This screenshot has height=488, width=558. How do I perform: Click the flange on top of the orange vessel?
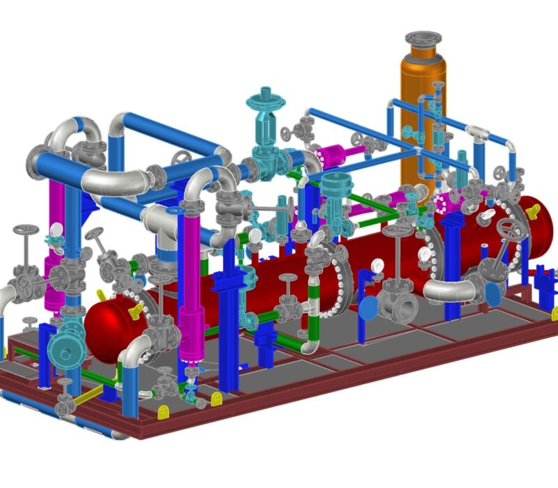(x=423, y=38)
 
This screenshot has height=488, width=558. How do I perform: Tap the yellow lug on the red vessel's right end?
(x=536, y=207)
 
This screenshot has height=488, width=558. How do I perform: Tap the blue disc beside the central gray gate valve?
(x=370, y=305)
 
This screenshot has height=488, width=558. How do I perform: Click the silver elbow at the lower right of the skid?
(x=446, y=291)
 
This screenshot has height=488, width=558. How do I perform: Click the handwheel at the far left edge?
(x=27, y=230)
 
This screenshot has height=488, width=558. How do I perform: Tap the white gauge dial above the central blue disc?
(x=377, y=265)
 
